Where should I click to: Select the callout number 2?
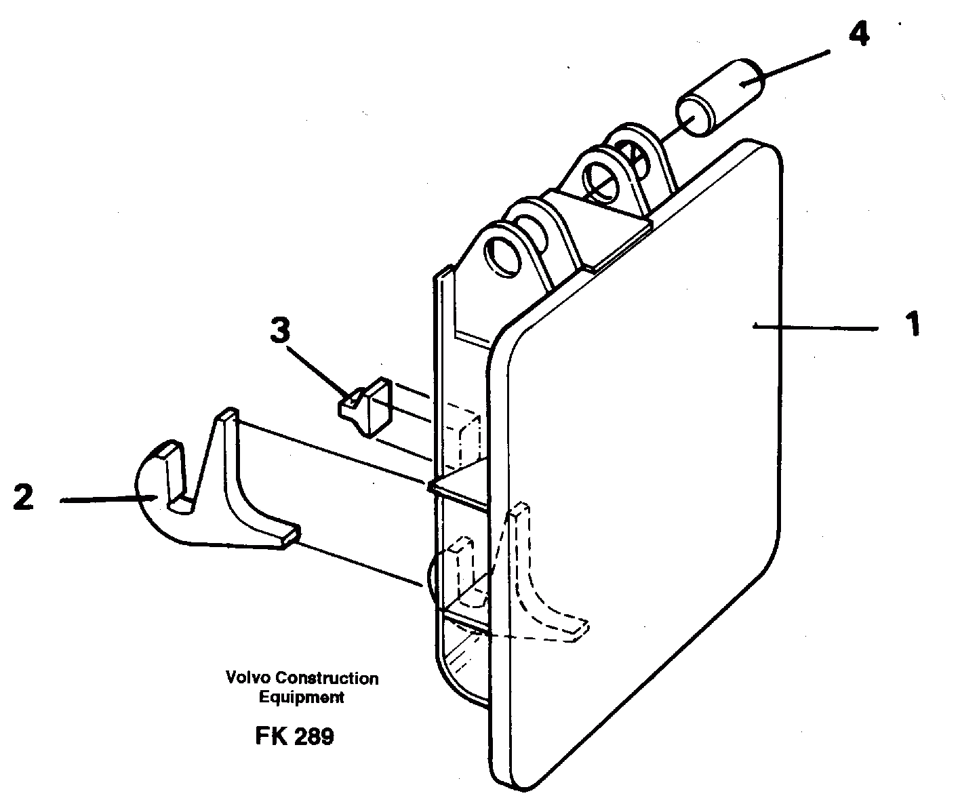tap(24, 498)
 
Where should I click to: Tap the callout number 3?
tap(279, 332)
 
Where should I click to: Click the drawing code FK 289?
tap(294, 736)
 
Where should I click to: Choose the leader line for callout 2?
tap(105, 500)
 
